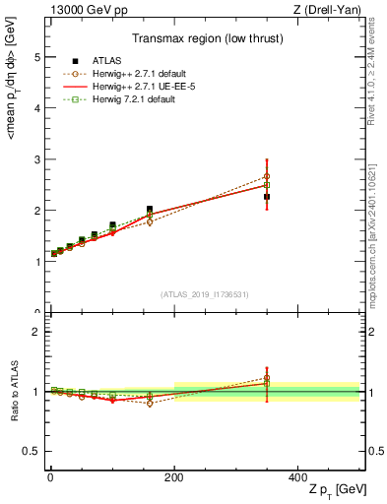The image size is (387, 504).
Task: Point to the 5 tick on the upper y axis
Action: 36,57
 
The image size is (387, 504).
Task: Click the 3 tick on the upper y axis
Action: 36,159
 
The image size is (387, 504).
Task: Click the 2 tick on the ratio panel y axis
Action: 36,332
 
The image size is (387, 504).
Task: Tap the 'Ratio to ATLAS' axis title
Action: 14,391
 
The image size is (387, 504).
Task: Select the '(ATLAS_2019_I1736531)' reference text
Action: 205,294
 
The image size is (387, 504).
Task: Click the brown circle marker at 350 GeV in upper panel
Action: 267,176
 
